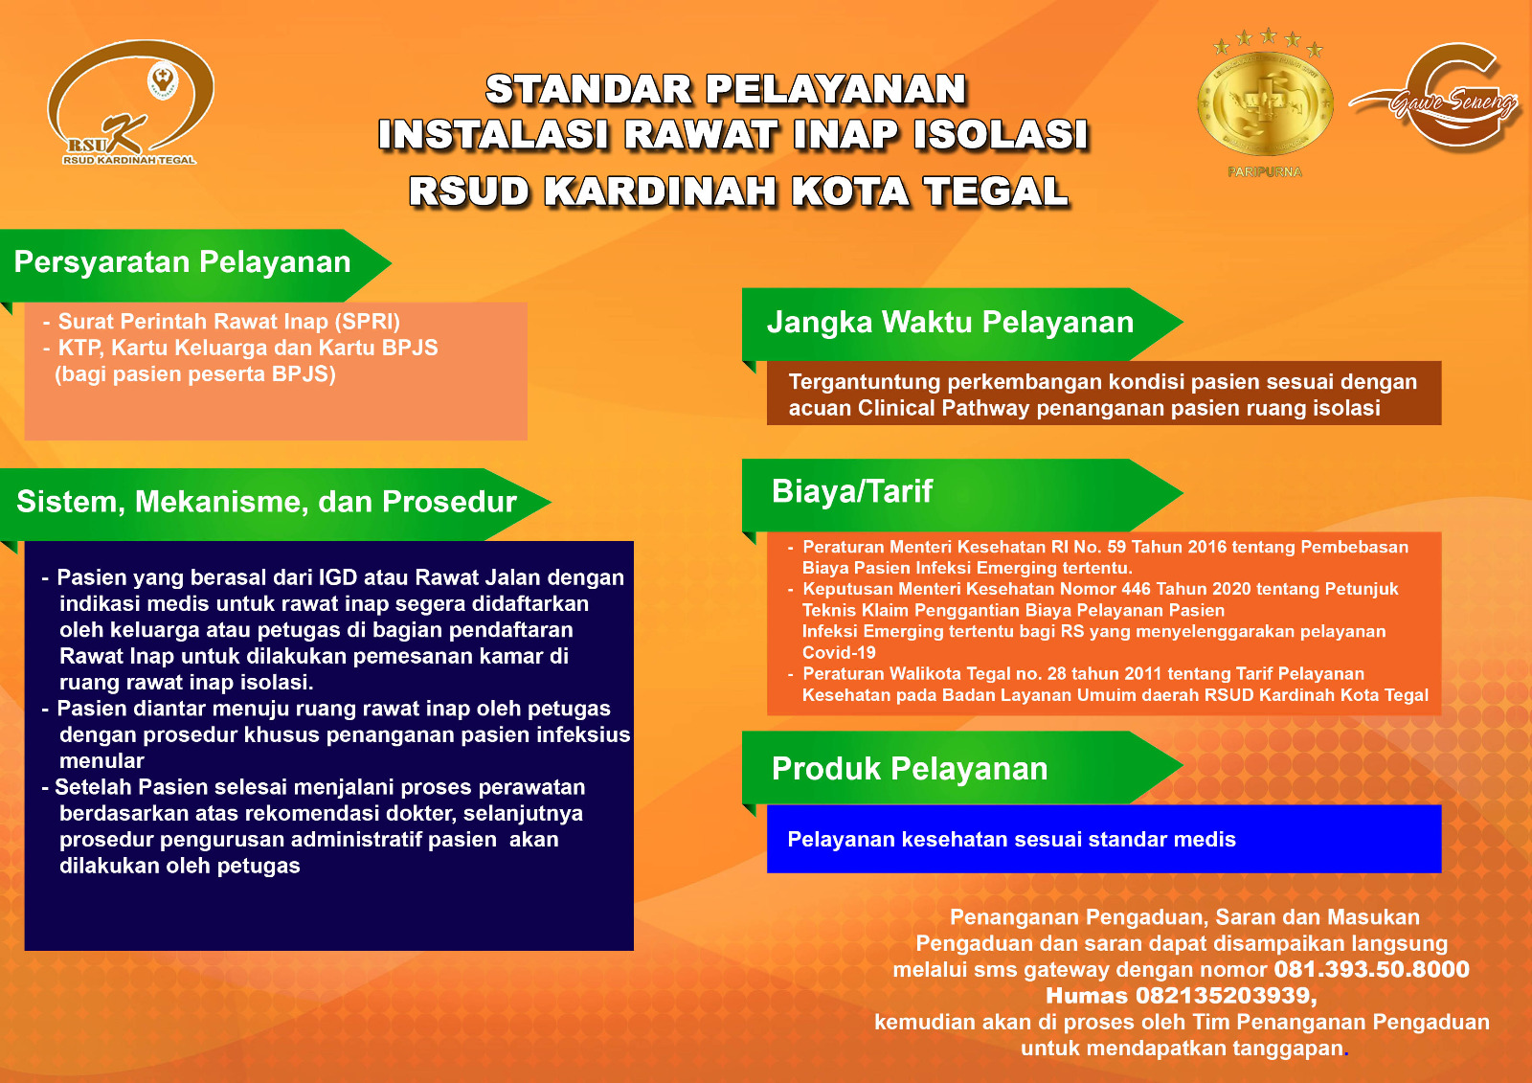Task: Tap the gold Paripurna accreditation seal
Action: [1265, 102]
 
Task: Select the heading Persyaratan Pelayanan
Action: [182, 262]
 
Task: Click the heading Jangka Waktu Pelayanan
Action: [950, 323]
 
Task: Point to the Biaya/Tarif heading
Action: [851, 491]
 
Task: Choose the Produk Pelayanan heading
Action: [909, 769]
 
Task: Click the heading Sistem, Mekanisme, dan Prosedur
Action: [266, 502]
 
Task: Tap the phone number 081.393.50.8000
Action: [1371, 969]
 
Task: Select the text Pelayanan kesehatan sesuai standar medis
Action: [1011, 840]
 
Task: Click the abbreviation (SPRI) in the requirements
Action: [368, 322]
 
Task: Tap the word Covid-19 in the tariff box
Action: [839, 653]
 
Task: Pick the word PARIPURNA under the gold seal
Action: [1265, 172]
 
